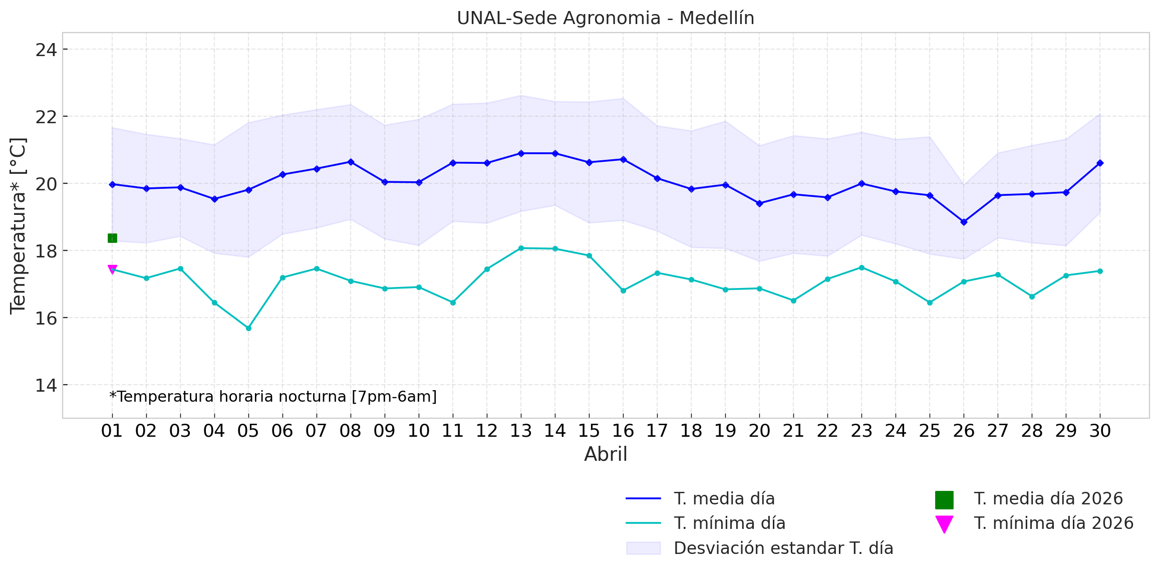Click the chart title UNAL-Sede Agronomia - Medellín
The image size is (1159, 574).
pos(605,18)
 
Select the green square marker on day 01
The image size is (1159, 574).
pos(112,238)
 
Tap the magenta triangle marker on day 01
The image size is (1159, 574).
pos(112,270)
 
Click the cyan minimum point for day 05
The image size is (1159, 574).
pos(248,328)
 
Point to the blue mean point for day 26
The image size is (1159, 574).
pos(964,222)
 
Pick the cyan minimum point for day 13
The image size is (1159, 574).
pos(521,248)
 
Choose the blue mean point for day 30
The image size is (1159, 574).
pos(1100,163)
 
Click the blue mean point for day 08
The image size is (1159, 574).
pos(351,162)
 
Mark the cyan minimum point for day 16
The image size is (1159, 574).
pos(623,291)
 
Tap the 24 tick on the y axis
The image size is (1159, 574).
pos(46,50)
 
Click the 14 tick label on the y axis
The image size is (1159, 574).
pos(46,386)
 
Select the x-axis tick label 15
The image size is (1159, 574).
pos(589,431)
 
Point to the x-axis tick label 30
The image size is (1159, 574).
pos(1100,431)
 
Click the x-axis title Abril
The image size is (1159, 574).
pos(605,454)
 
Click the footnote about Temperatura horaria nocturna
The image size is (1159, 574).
pos(273,397)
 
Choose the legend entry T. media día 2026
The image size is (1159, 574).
pos(1048,499)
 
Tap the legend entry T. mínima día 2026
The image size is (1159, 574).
pos(1053,523)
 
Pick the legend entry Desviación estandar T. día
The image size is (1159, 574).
pos(783,548)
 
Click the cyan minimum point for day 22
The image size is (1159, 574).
pos(827,279)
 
